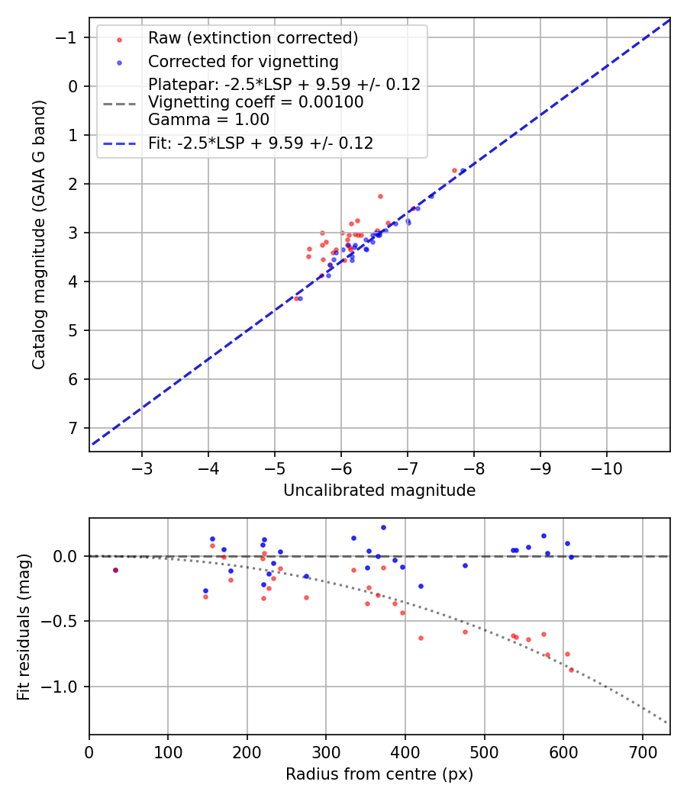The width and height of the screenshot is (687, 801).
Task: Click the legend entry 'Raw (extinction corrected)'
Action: click(253, 38)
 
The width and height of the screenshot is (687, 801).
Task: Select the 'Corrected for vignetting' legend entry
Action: click(243, 61)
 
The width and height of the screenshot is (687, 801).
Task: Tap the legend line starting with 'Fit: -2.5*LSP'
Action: click(260, 143)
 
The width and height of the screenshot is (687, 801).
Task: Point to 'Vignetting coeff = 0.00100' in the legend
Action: click(256, 102)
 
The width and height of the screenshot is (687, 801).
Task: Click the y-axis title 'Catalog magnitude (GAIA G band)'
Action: click(38, 233)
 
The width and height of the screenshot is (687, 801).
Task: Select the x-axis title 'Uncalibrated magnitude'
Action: click(379, 491)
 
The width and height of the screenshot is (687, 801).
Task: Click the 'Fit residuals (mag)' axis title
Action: click(24, 626)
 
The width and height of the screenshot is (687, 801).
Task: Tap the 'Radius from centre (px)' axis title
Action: click(379, 774)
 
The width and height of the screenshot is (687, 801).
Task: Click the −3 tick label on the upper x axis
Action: click(142, 466)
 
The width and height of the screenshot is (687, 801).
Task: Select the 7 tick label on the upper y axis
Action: click(74, 428)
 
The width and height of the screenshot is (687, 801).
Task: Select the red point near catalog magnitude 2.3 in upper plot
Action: click(380, 196)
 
